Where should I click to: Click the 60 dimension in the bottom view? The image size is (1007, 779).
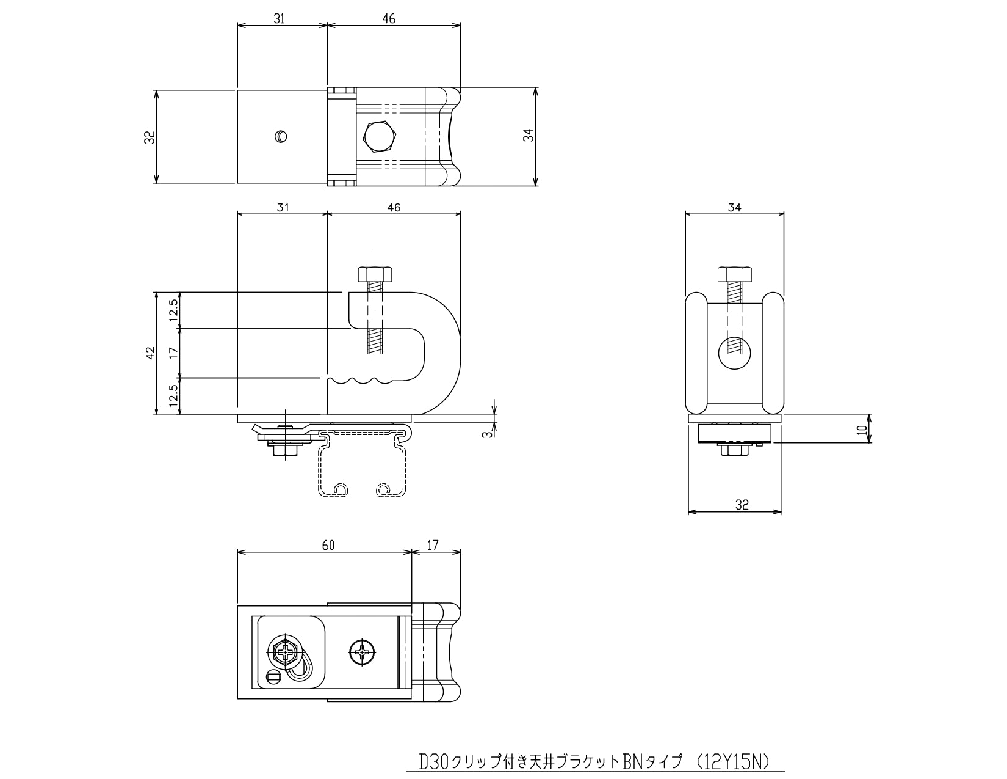[x=328, y=545]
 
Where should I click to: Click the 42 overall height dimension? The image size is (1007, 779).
[x=150, y=353]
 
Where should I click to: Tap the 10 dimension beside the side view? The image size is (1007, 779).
[x=862, y=430]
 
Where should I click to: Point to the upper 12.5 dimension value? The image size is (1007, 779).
[x=173, y=310]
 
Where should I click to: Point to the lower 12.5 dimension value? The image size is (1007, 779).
[x=173, y=396]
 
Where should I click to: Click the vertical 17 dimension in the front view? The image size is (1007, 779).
[x=173, y=353]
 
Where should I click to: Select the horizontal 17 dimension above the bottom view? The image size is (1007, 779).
[x=432, y=545]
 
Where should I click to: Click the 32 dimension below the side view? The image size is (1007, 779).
[x=742, y=505]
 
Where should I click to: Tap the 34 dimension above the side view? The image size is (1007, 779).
[x=735, y=207]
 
